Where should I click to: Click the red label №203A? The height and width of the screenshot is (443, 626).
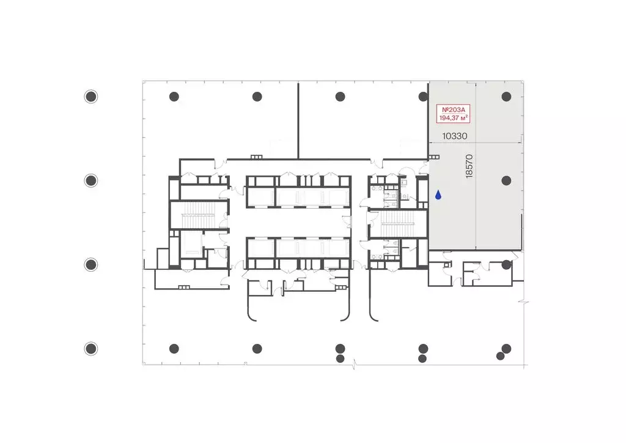453,110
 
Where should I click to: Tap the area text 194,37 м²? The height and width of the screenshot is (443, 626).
453,118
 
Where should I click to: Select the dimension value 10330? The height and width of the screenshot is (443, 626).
454,136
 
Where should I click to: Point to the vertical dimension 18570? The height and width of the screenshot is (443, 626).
469,166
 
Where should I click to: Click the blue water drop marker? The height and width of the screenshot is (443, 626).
438,195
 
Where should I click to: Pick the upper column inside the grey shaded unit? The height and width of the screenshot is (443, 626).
506,97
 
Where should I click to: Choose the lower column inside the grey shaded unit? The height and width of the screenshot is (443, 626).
506,181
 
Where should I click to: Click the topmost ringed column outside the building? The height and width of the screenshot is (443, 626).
91,97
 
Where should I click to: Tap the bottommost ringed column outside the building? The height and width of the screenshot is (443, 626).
91,349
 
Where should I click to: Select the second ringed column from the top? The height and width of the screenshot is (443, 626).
91,181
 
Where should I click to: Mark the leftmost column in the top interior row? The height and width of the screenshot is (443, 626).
174,97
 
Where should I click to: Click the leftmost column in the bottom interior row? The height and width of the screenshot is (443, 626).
174,349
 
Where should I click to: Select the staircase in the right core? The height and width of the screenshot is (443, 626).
397,224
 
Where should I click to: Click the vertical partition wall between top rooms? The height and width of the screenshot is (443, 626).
298,121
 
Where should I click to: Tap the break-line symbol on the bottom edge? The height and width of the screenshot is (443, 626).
354,364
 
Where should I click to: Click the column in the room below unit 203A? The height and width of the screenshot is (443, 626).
506,264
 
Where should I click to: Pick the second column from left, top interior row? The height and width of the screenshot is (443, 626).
257,97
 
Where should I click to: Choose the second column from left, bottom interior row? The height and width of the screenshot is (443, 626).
257,349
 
